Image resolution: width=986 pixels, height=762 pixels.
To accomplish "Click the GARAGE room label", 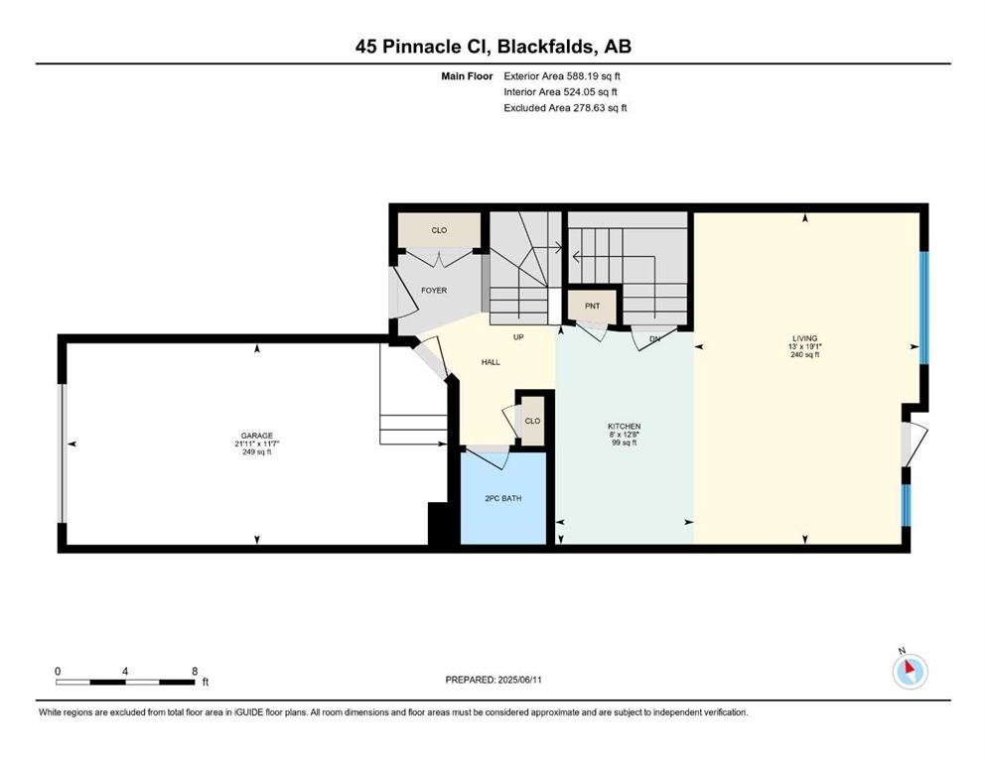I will pyautogui.click(x=256, y=435).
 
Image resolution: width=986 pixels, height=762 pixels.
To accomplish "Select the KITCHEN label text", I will pyautogui.click(x=625, y=426).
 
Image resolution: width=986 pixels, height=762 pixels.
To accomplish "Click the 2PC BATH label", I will pyautogui.click(x=503, y=498).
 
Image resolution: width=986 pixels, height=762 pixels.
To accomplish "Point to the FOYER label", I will pyautogui.click(x=434, y=291).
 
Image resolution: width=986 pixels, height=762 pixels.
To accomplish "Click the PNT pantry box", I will pyautogui.click(x=592, y=307).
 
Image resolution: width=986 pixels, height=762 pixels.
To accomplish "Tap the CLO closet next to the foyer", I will pyautogui.click(x=439, y=230).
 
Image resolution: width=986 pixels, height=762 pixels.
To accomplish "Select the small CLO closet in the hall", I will pyautogui.click(x=532, y=421).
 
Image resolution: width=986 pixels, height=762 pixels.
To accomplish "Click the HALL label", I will pyautogui.click(x=491, y=362).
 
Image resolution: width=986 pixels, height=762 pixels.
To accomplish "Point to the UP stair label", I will pyautogui.click(x=518, y=336).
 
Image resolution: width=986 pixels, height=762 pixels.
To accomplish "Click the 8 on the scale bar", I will pyautogui.click(x=195, y=671).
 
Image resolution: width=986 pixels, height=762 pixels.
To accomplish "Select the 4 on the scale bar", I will pyautogui.click(x=125, y=671).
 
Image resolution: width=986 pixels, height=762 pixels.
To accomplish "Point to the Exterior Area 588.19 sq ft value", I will pyautogui.click(x=565, y=75).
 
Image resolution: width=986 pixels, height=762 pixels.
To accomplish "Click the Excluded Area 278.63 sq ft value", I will pyautogui.click(x=566, y=107).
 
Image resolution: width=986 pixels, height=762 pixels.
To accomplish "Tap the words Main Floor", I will pyautogui.click(x=468, y=75).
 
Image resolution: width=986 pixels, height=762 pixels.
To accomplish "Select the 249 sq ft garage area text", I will pyautogui.click(x=256, y=452).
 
